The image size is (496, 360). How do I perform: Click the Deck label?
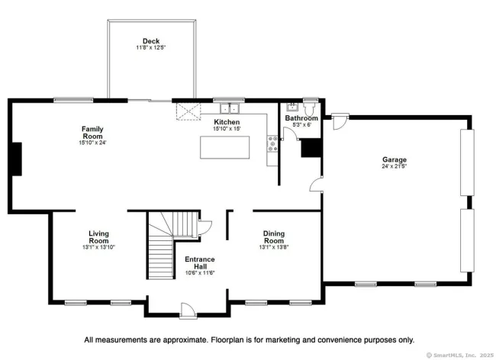pos(151,41)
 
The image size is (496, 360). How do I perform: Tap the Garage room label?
pos(395,159)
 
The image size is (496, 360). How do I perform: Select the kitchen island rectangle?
pos(224,147)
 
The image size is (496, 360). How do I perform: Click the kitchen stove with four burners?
pos(272,144)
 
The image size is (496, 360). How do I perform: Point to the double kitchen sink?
pos(230,108)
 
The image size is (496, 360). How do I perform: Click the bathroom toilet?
pos(309,108)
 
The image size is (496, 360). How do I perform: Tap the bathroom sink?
pos(292,107)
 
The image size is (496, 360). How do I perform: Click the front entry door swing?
pos(188,310)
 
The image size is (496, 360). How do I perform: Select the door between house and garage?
pos(316,185)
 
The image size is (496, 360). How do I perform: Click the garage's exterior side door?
pos(340,121)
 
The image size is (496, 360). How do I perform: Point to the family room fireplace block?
pos(17,159)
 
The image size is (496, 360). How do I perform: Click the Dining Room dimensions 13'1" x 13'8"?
pos(274,247)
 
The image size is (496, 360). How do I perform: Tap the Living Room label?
pos(98,237)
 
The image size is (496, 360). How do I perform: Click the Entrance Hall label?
pos(200,262)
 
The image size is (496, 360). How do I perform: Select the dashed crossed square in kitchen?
pos(188,111)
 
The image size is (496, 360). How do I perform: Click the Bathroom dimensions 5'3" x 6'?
pos(301,124)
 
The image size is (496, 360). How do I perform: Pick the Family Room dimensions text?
pos(92,143)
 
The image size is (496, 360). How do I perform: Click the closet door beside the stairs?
pos(205,227)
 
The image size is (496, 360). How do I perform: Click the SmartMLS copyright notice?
pos(459,355)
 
